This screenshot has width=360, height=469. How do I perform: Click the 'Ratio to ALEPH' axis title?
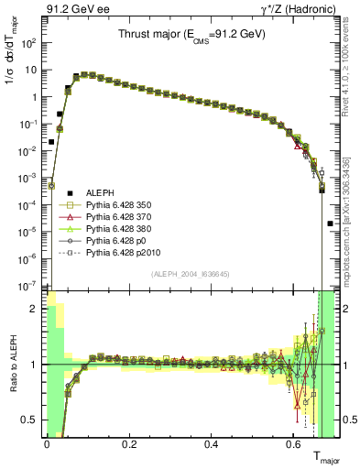(x=12, y=365)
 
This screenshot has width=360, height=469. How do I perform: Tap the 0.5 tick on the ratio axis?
(x=30, y=420)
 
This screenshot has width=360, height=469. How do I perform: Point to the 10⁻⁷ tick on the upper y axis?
(x=29, y=286)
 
